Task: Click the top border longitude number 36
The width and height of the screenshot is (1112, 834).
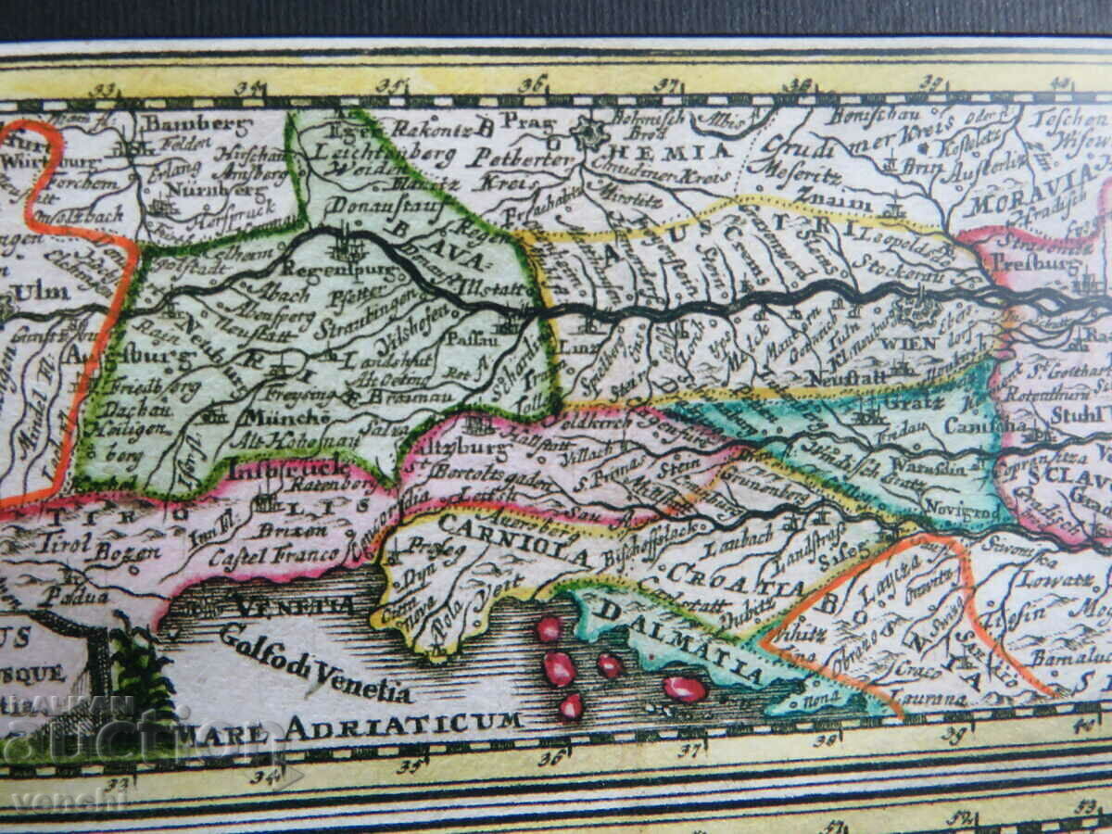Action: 533,84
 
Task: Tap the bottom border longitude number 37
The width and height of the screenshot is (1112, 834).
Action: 688,751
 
